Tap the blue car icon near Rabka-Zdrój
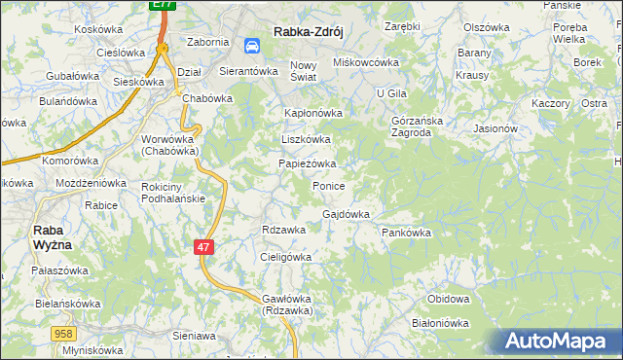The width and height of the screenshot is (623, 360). pyautogui.click(x=252, y=45)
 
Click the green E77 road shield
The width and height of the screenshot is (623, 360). pyautogui.click(x=164, y=6)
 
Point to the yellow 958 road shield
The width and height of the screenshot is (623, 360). pyautogui.click(x=64, y=334)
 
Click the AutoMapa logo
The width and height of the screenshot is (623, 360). pyautogui.click(x=558, y=342)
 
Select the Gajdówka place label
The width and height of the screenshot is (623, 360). pyautogui.click(x=346, y=214)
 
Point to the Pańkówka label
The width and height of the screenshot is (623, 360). pyautogui.click(x=406, y=234)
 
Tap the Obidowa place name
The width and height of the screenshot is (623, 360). pyautogui.click(x=449, y=299)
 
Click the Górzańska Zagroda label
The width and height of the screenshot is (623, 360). pyautogui.click(x=417, y=126)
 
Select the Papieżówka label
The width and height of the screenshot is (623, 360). pyautogui.click(x=308, y=163)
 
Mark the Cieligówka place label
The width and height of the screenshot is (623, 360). pyautogui.click(x=285, y=257)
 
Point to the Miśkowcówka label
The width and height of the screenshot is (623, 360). pyautogui.click(x=367, y=62)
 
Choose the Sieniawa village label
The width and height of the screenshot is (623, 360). pyautogui.click(x=193, y=335)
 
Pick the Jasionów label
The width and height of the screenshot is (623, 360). pyautogui.click(x=495, y=127)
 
